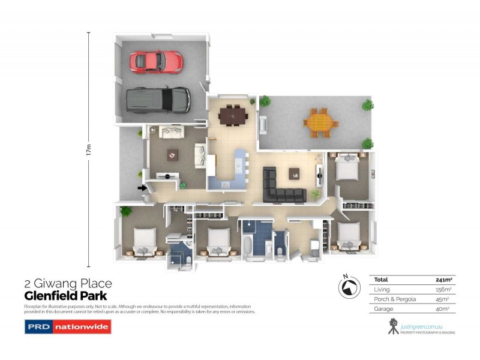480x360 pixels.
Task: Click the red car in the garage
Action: pyautogui.click(x=156, y=60)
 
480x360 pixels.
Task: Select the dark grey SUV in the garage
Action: pyautogui.click(x=158, y=100)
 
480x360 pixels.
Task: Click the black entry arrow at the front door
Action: pyautogui.click(x=142, y=188)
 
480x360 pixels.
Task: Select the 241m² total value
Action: pyautogui.click(x=443, y=280)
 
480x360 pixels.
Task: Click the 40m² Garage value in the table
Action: pyautogui.click(x=443, y=309)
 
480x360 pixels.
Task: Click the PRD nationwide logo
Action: pyautogui.click(x=67, y=328)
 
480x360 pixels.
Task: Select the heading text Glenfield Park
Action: pyautogui.click(x=65, y=296)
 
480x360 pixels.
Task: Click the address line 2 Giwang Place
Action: pyautogui.click(x=68, y=284)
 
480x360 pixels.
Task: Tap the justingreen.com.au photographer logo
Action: pyautogui.click(x=419, y=327)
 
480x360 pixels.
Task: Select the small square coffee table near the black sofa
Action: pyautogui.click(x=294, y=173)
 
